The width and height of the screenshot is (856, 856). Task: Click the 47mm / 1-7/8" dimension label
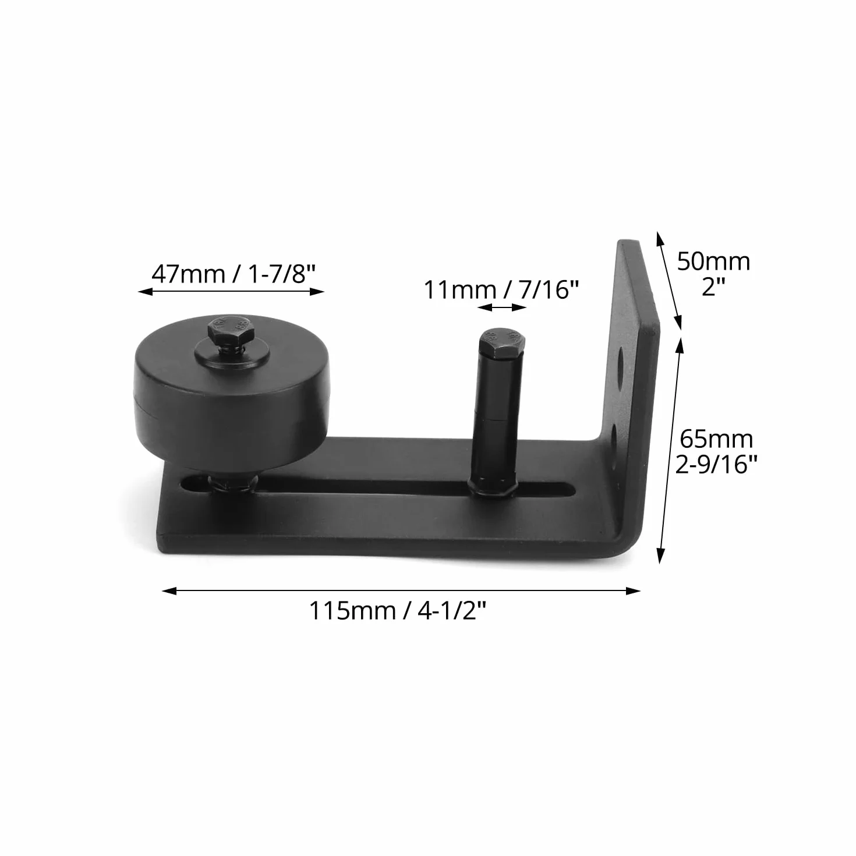click(x=233, y=274)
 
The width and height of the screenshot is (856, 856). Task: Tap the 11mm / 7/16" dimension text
click(x=501, y=290)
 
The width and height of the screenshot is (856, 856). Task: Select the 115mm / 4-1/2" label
click(x=398, y=611)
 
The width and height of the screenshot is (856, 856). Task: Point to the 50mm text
click(x=713, y=261)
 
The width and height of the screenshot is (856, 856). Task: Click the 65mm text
click(x=716, y=439)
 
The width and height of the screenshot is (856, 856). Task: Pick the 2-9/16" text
click(x=716, y=465)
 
